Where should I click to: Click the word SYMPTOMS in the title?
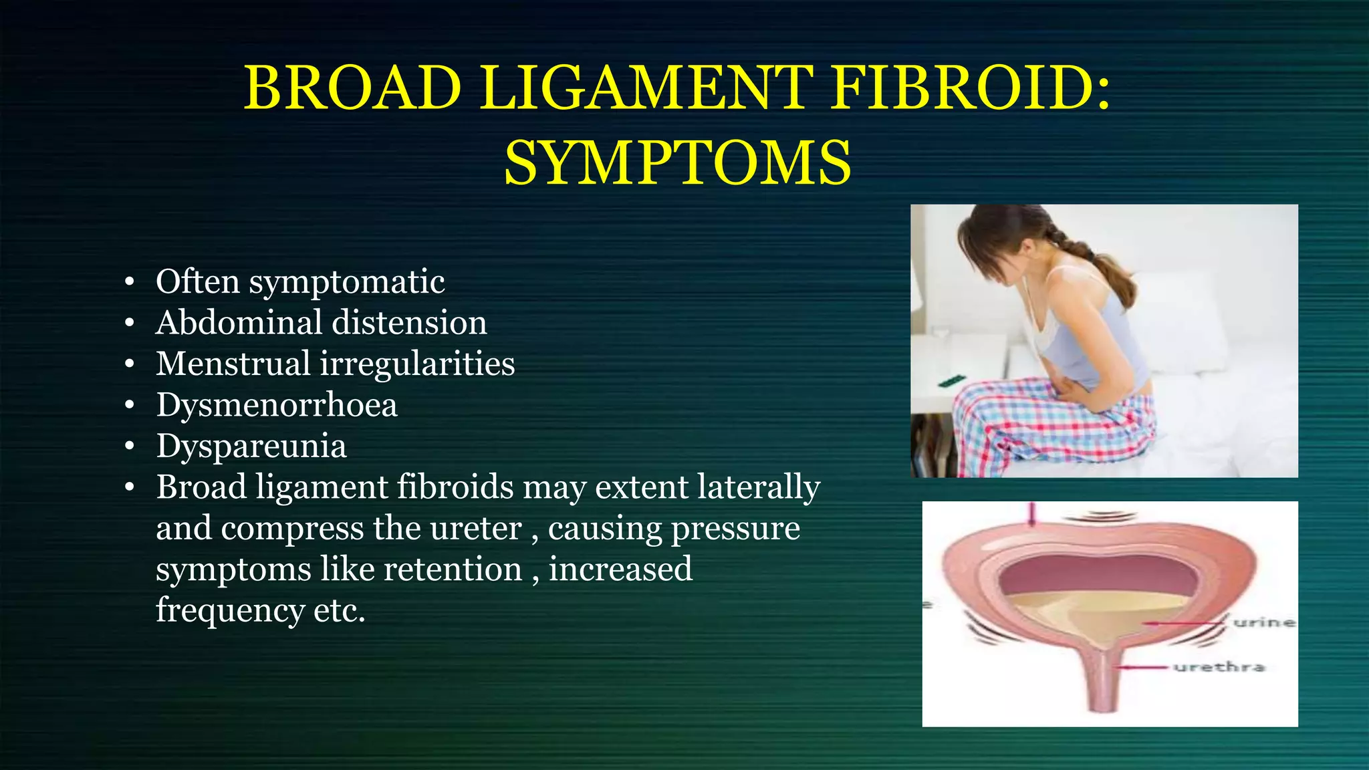[677, 164]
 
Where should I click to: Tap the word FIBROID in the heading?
[963, 89]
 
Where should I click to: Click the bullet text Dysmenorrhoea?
[277, 405]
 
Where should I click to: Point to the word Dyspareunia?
[251, 446]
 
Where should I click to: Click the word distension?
[409, 323]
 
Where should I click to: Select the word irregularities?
[417, 364]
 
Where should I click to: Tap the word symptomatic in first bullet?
[347, 282]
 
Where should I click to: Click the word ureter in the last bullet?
[475, 529]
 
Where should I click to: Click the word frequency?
[230, 610]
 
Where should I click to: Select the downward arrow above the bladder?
[1031, 515]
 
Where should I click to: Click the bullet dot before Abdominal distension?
[130, 324]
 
